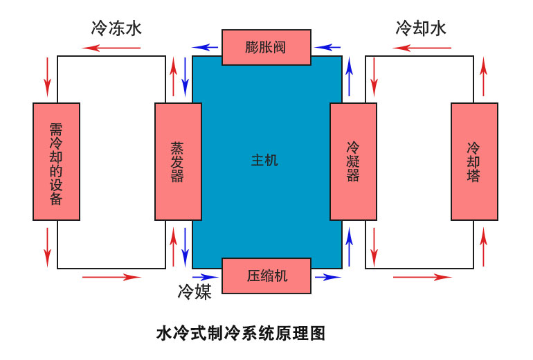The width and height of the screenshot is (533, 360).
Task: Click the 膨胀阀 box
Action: [266, 47]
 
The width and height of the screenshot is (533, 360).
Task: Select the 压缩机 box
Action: [266, 276]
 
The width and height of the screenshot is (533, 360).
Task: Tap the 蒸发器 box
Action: [178, 161]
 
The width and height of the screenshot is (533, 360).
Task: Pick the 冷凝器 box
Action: [353, 161]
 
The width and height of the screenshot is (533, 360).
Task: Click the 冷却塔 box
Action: [474, 161]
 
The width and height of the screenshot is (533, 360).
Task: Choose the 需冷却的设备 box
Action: [57, 161]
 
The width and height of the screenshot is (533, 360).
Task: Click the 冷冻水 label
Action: [116, 28]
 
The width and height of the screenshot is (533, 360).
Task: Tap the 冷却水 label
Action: [421, 28]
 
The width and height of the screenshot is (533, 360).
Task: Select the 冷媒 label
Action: [195, 291]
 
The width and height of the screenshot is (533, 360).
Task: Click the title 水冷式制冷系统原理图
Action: [241, 334]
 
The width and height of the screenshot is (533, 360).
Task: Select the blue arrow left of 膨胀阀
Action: [206, 48]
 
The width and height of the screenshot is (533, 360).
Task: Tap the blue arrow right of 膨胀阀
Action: [327, 48]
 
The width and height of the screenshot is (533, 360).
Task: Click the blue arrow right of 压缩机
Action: [327, 277]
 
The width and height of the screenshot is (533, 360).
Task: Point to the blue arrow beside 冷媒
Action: [207, 277]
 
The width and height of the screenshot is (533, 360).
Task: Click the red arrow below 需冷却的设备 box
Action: [48, 246]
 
